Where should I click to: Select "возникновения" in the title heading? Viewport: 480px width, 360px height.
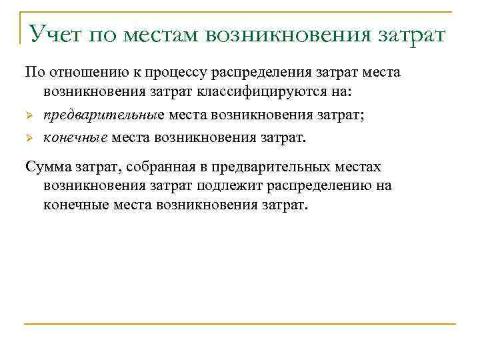[x=291, y=33]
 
